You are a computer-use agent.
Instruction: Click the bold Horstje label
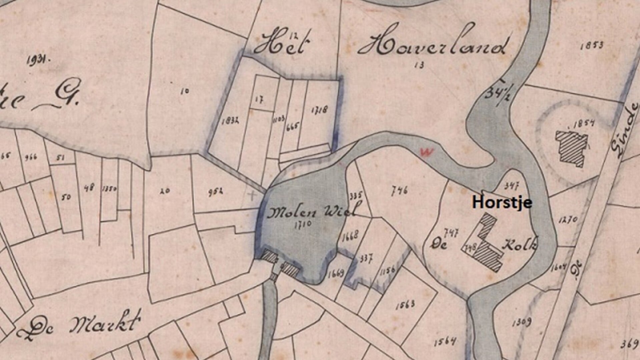[502, 202]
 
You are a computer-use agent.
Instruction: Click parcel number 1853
[592, 45]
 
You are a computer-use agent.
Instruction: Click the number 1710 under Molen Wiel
[303, 224]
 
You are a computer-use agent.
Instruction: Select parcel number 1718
[319, 110]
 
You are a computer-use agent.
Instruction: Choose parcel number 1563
[406, 304]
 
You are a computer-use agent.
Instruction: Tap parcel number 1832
[230, 121]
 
